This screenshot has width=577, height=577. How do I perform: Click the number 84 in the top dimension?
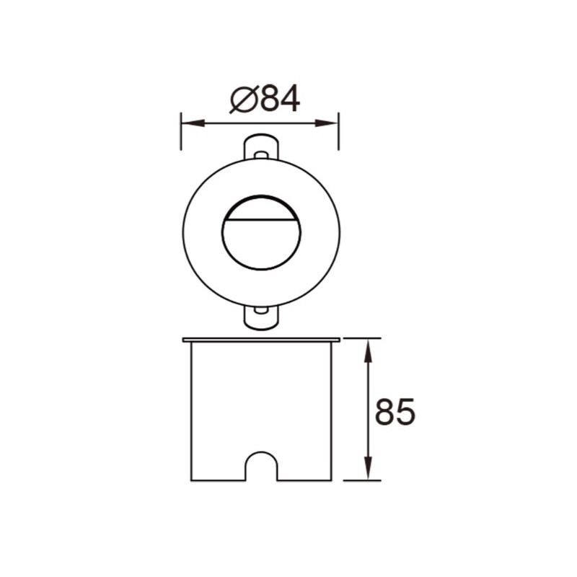(281, 99)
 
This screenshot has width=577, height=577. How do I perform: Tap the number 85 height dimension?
(395, 411)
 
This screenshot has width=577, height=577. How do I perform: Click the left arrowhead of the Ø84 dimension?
(193, 123)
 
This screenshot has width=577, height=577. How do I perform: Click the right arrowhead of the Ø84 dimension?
(326, 123)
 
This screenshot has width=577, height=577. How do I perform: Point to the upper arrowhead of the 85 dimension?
(368, 351)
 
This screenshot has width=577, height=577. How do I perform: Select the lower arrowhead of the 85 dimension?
(368, 467)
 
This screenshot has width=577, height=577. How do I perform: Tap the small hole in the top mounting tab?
(261, 155)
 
